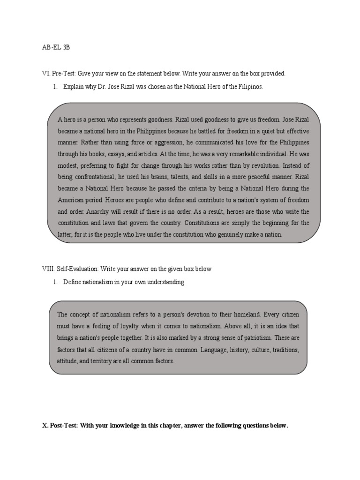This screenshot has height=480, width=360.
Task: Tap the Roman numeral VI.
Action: (45, 74)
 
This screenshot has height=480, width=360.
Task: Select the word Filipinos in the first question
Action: (249, 87)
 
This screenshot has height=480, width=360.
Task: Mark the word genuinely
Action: (217, 234)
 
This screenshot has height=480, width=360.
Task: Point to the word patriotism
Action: (253, 337)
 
